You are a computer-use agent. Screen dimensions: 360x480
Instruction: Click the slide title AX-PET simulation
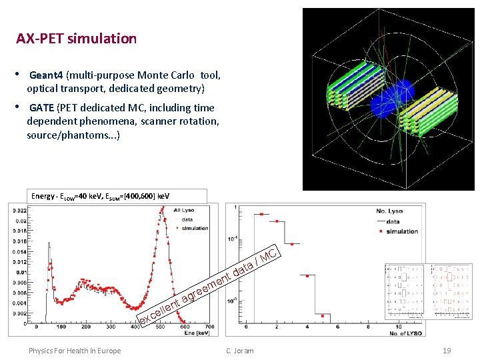point(76,39)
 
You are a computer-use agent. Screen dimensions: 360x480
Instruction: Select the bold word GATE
point(43,108)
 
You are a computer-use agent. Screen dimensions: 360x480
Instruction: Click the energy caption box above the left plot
point(119,196)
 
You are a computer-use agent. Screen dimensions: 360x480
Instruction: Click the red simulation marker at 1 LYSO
point(261,215)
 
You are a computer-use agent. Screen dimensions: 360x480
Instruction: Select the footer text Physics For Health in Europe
point(75,351)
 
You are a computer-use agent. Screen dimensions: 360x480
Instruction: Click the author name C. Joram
point(239,351)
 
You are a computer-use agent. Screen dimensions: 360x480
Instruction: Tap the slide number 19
point(447,351)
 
